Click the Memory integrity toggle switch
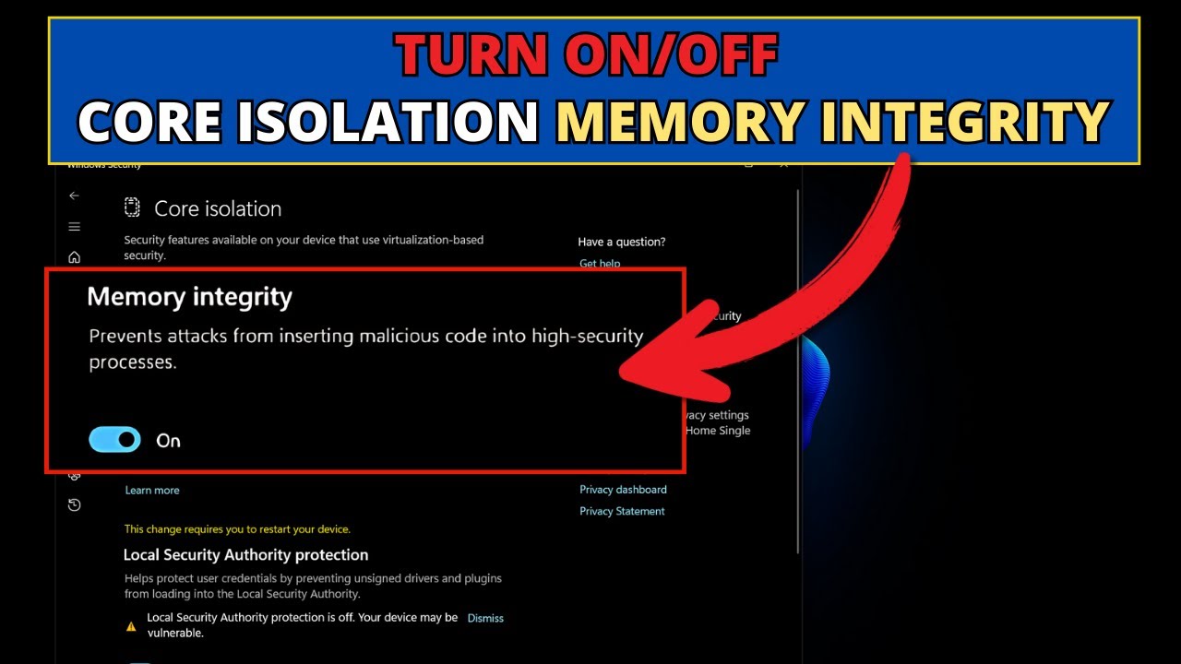114,439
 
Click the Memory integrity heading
189,297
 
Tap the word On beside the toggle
168,441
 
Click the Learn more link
152,490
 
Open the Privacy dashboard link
623,490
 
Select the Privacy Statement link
622,511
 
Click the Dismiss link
485,618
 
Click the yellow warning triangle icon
131,626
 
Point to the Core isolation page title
218,209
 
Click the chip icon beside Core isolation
132,207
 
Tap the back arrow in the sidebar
75,196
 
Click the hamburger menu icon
75,227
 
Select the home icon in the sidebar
75,257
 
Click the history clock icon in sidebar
75,504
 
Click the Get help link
600,264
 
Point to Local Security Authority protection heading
245,555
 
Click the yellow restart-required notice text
237,529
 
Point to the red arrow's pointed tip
622,373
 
